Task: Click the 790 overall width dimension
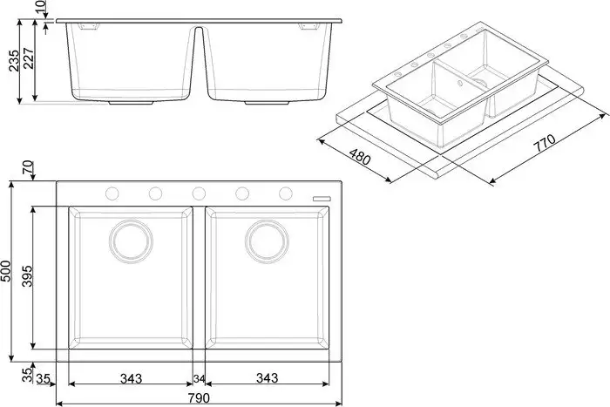pyautogui.click(x=198, y=398)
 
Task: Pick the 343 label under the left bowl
pyautogui.click(x=131, y=377)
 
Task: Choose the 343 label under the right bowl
pyautogui.click(x=267, y=377)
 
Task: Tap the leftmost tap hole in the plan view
pyautogui.click(x=112, y=193)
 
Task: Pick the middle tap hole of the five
pyautogui.click(x=199, y=193)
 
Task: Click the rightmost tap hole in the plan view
pyautogui.click(x=285, y=193)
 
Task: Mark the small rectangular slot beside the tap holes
pyautogui.click(x=322, y=199)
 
